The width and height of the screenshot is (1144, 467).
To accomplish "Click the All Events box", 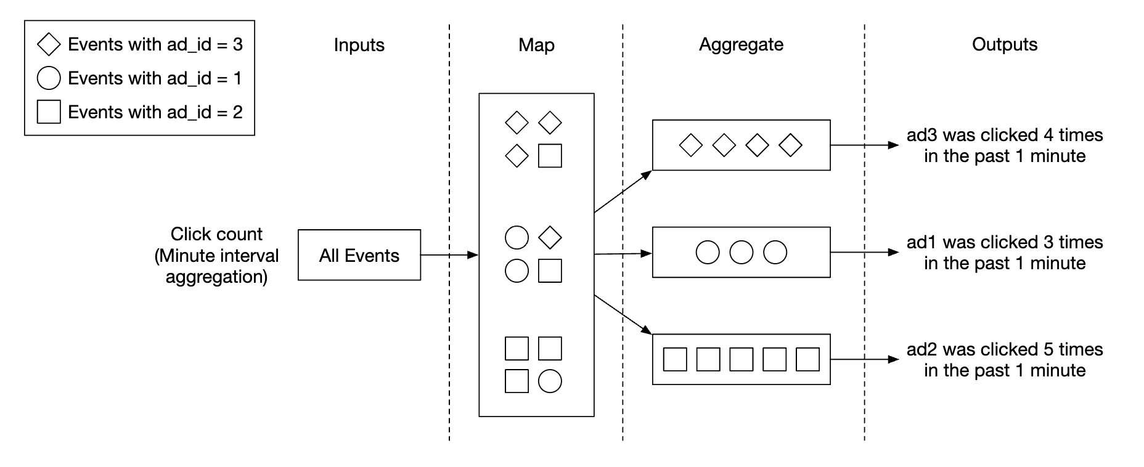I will pos(359,255).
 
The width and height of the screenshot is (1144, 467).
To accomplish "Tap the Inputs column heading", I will pos(359,45).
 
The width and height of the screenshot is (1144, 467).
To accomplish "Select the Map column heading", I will pos(536,45).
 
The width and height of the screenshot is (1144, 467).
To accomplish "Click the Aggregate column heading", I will pos(741,44).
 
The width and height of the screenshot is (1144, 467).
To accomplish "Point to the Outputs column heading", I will pos(1004,44).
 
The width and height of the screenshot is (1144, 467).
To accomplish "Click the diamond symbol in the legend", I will pos(49,44).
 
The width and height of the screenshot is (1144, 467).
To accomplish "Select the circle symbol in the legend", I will pos(49,78).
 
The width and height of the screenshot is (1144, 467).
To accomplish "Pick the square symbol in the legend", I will pos(49,112).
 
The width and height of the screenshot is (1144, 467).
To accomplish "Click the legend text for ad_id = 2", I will pos(155,112).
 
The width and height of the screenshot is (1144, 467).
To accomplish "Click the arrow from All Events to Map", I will pos(449,254).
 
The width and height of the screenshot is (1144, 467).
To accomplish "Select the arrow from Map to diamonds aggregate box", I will pos(623,192).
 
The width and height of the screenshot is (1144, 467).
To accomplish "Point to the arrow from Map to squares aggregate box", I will pos(623,315).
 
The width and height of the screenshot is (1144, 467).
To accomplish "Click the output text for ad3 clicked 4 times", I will pos(1004,145).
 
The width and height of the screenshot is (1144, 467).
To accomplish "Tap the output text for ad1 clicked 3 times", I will pos(1004,253).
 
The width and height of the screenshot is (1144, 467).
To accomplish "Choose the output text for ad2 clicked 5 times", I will pos(1004,360).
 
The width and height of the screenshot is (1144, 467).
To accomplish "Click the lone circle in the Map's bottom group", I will pos(550,381).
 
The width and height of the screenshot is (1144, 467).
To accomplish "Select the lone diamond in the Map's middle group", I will pos(550,237).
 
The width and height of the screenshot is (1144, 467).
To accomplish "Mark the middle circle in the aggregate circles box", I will pos(741,253).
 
